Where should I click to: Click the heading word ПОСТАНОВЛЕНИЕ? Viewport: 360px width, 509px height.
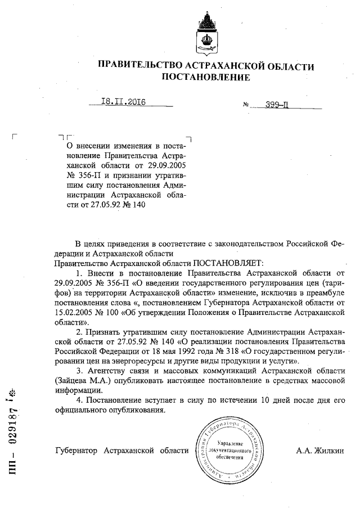[206, 78]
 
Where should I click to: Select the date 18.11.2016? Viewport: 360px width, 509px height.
[123, 102]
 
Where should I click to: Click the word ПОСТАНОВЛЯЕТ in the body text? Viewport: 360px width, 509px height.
[224, 263]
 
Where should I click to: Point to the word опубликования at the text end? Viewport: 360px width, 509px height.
[138, 409]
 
